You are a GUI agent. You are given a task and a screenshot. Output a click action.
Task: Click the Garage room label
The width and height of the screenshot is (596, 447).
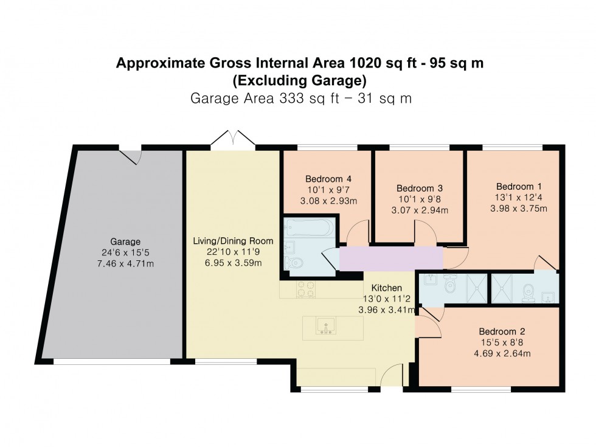point(125,241)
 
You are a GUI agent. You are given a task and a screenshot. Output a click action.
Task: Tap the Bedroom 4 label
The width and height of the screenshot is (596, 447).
point(328,179)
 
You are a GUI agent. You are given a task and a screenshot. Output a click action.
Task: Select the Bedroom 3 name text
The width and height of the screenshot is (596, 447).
point(419,189)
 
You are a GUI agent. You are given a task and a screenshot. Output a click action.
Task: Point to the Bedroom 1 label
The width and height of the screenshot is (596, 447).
point(519,186)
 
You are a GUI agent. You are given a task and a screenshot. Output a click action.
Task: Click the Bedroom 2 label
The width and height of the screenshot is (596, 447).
point(502,331)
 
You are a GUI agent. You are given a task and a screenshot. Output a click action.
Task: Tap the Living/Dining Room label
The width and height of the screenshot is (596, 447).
point(234,241)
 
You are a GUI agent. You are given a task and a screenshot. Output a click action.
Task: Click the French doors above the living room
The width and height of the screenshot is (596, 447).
point(233,138)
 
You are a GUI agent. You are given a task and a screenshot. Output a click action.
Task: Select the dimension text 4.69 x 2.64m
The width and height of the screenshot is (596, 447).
point(502,353)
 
